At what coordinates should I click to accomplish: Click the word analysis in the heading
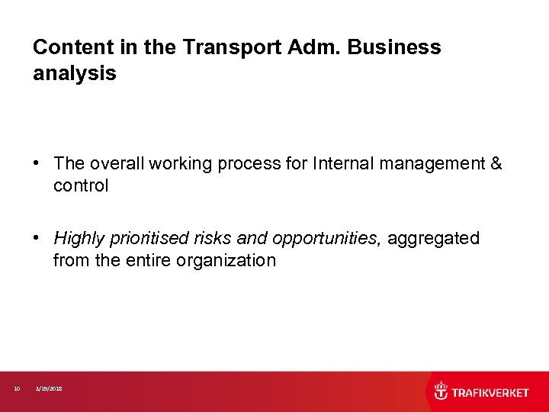[74, 74]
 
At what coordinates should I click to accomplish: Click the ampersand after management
[496, 163]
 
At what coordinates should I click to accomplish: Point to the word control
[81, 185]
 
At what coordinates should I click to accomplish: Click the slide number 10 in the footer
[17, 389]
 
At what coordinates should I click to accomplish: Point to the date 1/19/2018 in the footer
[50, 389]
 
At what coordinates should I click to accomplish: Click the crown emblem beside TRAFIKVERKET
[441, 392]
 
